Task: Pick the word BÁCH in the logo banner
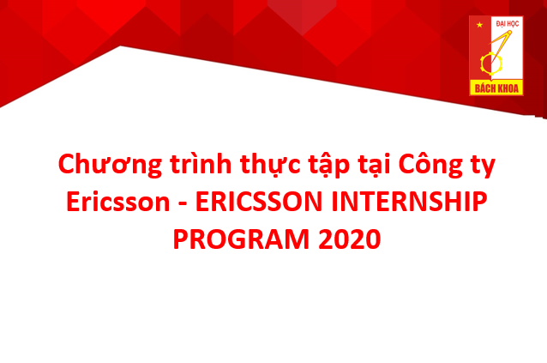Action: click(484, 88)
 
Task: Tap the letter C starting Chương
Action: click(66, 163)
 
